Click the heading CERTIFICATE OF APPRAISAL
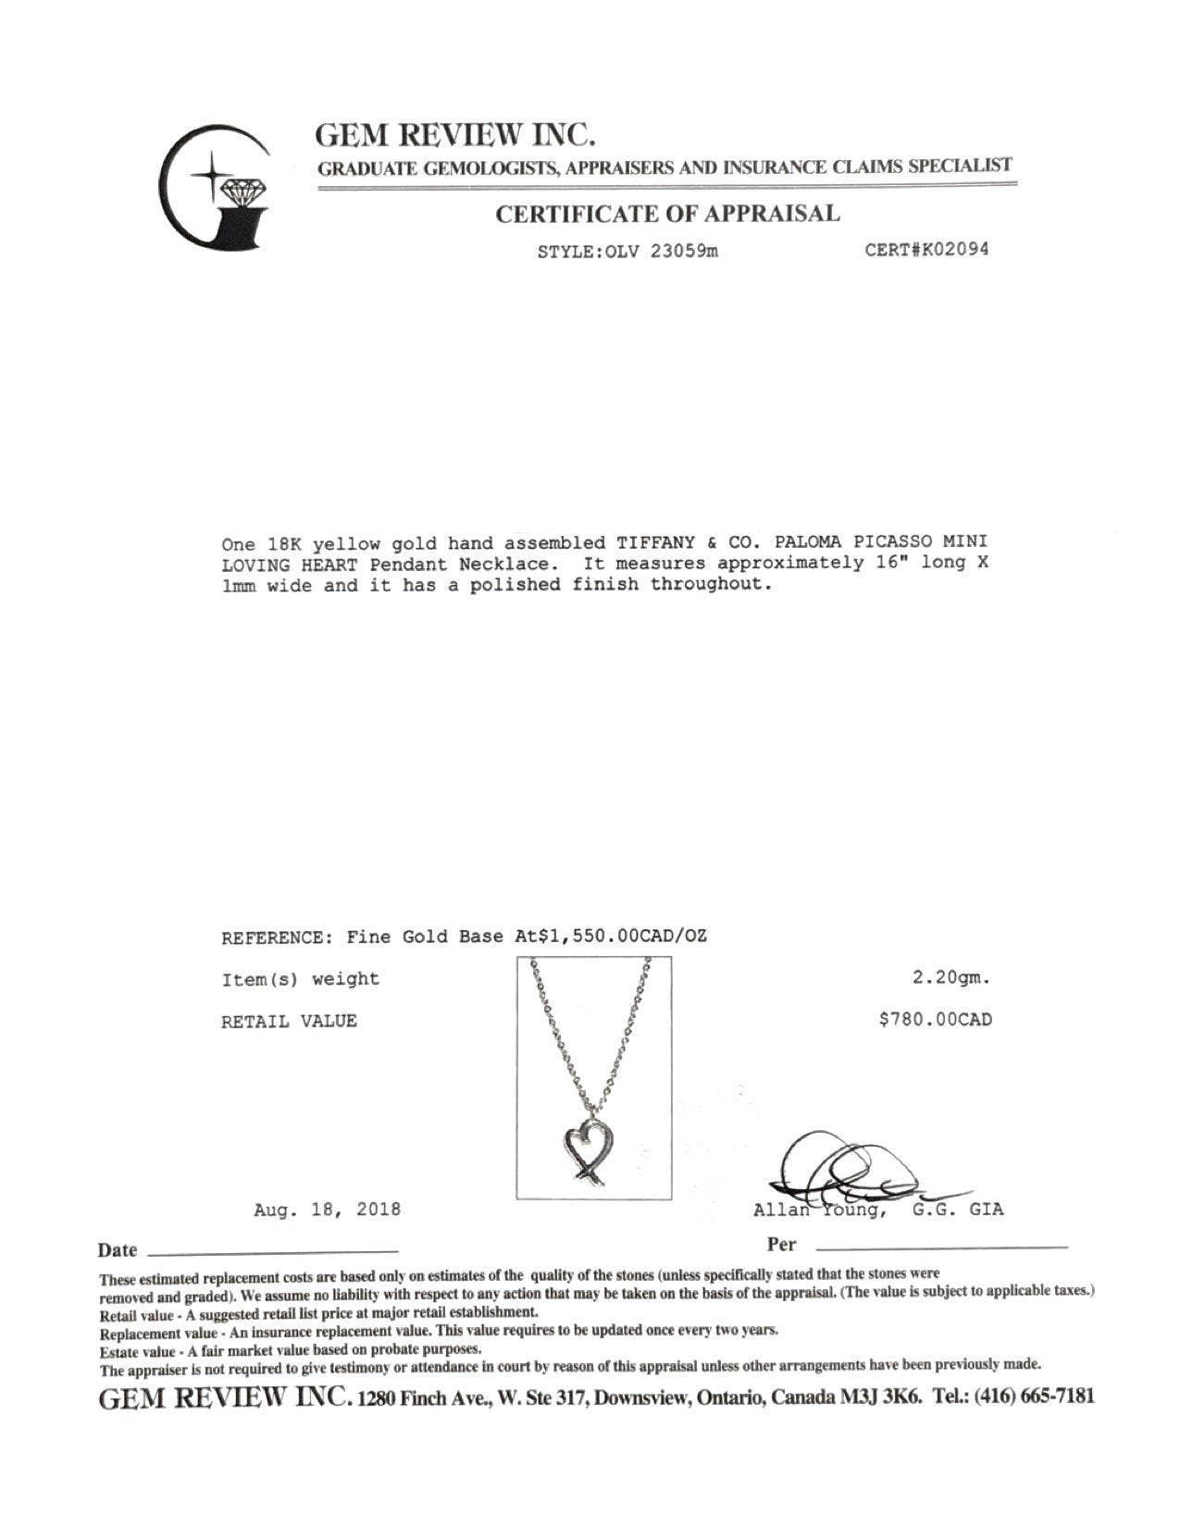click(667, 214)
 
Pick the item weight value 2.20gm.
click(951, 977)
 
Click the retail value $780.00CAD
click(935, 1020)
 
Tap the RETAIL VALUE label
click(289, 1021)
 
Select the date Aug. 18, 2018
click(327, 1210)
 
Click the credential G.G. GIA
click(957, 1210)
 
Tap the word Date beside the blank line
click(118, 1250)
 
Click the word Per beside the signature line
click(781, 1245)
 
